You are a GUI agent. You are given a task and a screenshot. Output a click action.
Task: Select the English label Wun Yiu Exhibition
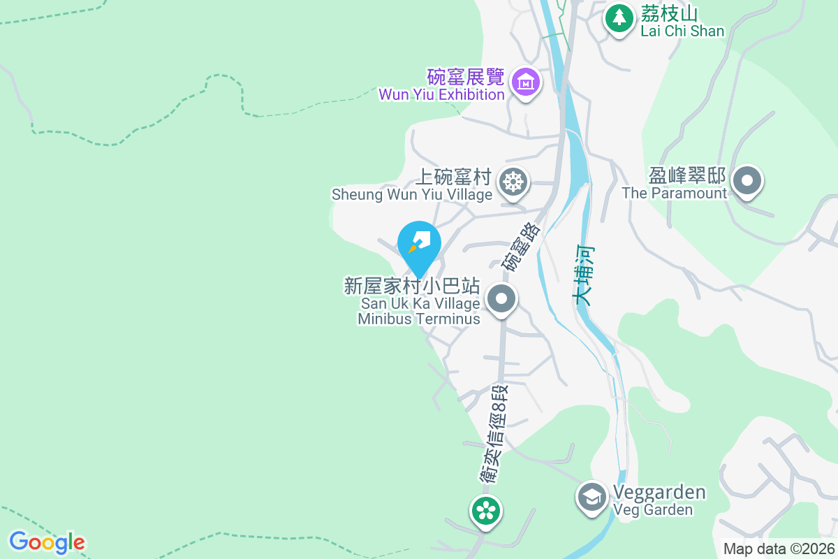click(441, 94)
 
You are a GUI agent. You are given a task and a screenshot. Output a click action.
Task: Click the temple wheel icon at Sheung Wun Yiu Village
click(513, 182)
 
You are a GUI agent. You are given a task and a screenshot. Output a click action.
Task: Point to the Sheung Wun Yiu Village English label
click(412, 195)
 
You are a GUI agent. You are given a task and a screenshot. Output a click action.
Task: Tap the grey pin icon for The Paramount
click(748, 182)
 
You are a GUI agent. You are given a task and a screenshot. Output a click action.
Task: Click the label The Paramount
click(675, 194)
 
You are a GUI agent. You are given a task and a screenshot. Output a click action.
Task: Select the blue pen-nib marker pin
click(419, 245)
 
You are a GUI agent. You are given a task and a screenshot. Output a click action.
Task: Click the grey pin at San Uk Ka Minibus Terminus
click(501, 300)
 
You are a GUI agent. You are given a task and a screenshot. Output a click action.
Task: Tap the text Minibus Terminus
click(419, 319)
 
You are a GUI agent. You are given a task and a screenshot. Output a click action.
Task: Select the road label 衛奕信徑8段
click(497, 433)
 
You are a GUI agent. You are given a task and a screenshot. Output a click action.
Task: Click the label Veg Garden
click(654, 510)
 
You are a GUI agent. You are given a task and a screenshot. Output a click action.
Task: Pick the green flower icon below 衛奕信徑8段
click(485, 509)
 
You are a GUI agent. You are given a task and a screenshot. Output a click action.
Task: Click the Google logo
click(47, 542)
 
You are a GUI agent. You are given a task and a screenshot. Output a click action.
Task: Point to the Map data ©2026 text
click(779, 549)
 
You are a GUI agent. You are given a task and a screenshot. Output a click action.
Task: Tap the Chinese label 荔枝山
click(671, 13)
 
